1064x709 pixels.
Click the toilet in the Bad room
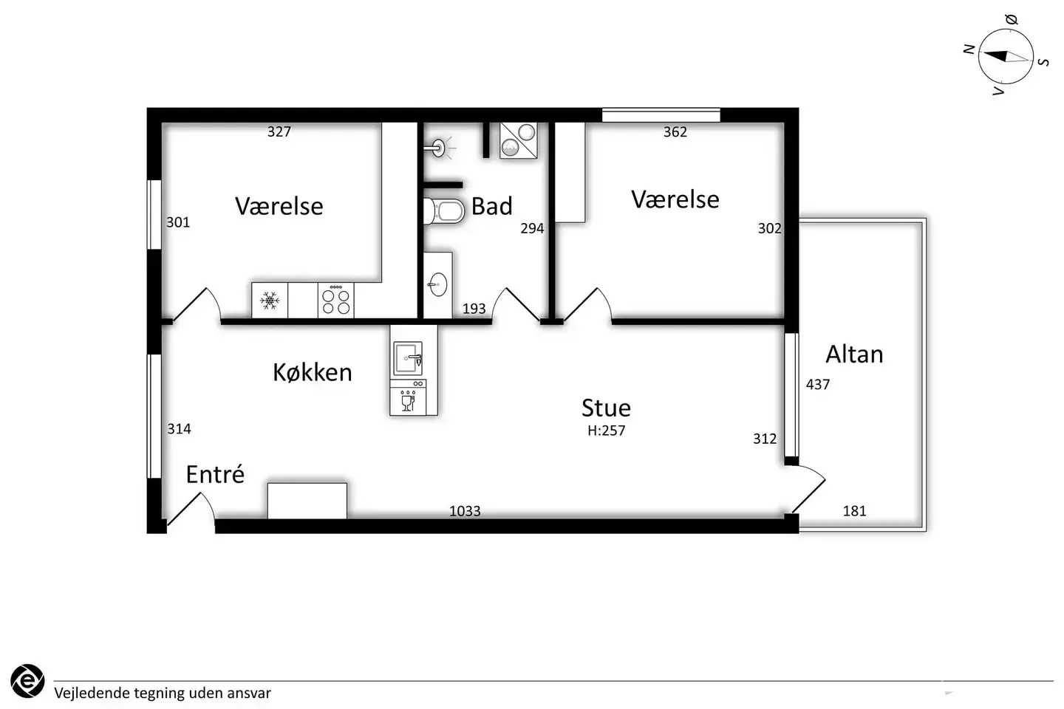444,211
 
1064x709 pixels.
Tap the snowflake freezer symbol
269,301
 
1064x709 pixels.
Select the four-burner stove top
335,300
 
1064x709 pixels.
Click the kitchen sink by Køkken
408,358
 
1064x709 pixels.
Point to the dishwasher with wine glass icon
408,397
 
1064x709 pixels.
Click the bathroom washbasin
437,284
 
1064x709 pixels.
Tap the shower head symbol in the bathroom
439,148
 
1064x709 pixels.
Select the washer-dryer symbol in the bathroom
519,140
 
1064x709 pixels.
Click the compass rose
1006,57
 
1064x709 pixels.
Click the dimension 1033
465,511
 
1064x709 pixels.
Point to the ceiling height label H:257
607,431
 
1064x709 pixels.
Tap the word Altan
854,354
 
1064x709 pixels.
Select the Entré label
215,474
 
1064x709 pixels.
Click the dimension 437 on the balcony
818,384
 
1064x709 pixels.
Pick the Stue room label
607,408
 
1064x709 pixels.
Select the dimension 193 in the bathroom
474,309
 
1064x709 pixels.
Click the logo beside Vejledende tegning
27,681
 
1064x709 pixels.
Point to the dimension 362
675,131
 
